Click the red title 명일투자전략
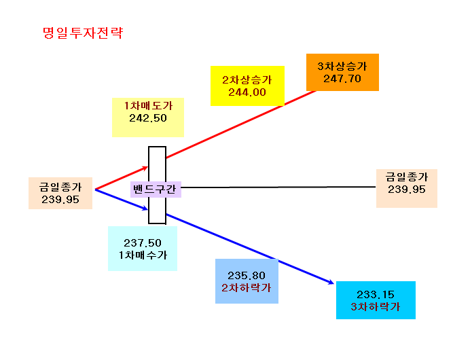[83, 33]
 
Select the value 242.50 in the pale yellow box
[148, 118]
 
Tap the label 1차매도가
[148, 106]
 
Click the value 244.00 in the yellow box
[247, 92]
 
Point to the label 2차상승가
[247, 80]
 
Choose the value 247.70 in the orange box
[342, 79]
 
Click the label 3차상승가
[342, 66]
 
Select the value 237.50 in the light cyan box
[143, 243]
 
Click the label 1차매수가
[143, 255]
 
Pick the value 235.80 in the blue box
[247, 276]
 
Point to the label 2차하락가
[247, 288]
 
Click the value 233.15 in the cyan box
[376, 295]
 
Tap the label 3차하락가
[376, 307]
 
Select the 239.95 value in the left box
[60, 200]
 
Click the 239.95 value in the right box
[407, 190]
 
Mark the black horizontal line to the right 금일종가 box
[278, 187]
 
